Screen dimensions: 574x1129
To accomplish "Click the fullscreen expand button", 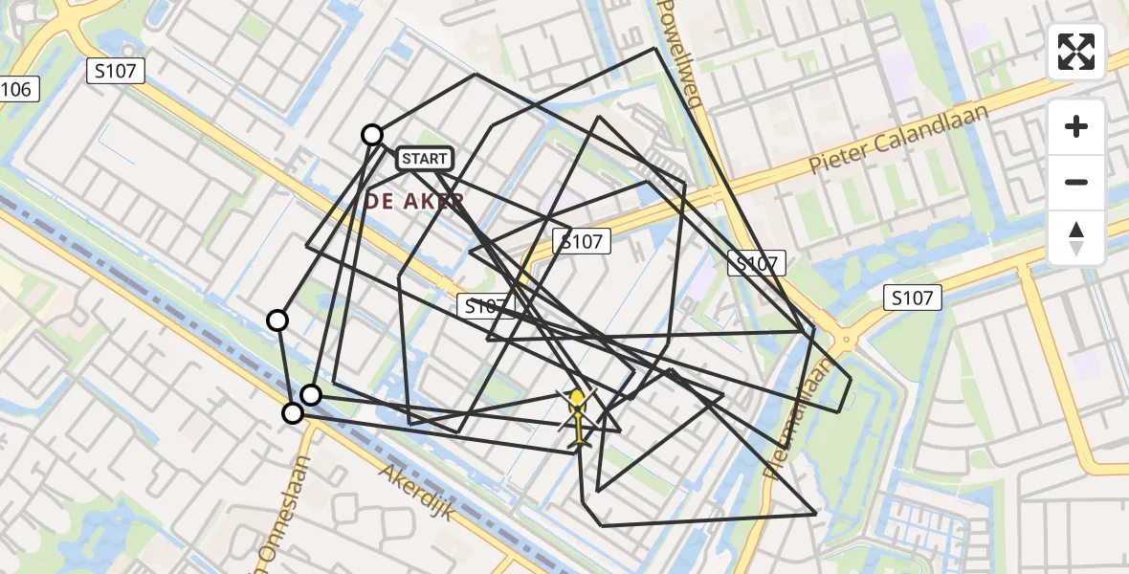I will (1076, 52).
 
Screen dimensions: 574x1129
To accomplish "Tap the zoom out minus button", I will (1076, 182).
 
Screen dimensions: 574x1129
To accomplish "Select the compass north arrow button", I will (1076, 237).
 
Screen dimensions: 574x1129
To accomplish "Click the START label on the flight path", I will (424, 159).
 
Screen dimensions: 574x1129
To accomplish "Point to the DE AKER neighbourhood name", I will (414, 201).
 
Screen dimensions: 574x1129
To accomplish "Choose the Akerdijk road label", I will (415, 492).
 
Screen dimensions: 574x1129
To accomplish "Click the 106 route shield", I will (17, 90).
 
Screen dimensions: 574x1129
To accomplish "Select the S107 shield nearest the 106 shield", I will (116, 70).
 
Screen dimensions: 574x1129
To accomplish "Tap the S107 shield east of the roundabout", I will (912, 298).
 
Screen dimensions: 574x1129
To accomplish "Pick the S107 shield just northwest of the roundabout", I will (756, 264).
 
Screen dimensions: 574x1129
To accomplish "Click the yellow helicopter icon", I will (578, 416).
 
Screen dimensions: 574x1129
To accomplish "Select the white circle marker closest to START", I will (372, 135).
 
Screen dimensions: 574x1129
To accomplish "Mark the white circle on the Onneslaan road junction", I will (293, 413).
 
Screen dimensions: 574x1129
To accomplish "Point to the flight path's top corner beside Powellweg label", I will (656, 48).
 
